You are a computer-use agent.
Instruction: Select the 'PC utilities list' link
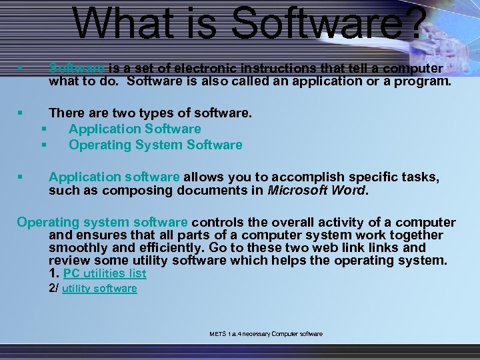click(x=105, y=273)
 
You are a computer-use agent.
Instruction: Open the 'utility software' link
click(x=99, y=289)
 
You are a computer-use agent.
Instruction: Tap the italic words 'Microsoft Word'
click(x=317, y=190)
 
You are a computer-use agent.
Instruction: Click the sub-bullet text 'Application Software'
click(x=134, y=129)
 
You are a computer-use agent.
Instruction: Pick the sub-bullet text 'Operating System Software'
click(x=155, y=145)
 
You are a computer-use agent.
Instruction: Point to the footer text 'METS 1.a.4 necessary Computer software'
click(x=265, y=333)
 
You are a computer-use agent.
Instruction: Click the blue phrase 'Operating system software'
click(x=103, y=222)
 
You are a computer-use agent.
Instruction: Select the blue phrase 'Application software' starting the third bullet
click(x=114, y=177)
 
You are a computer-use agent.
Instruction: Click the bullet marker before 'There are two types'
click(x=21, y=113)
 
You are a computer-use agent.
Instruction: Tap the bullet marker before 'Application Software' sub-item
click(x=43, y=129)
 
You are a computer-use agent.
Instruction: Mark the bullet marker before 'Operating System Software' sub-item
click(x=43, y=145)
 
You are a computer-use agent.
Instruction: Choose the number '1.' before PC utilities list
click(x=54, y=273)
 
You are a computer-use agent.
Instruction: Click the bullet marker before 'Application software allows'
click(x=21, y=177)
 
